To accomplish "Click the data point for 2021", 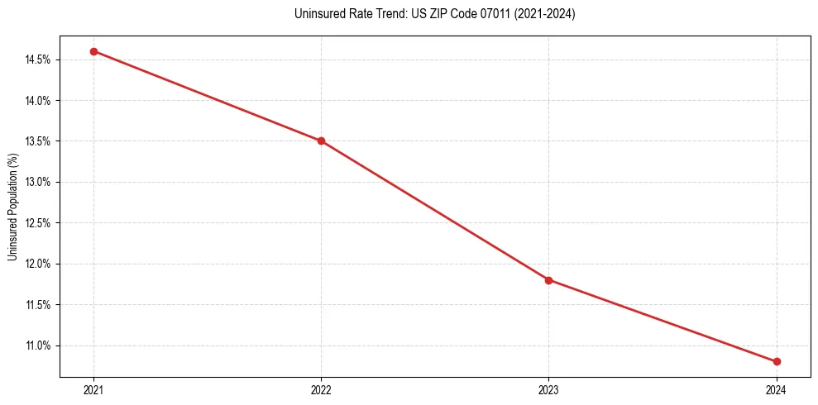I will pos(93,51).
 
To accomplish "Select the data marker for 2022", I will pos(321,141).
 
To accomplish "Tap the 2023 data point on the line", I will pos(548,280).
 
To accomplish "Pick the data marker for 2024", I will pos(777,361).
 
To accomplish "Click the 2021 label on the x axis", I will pos(93,389).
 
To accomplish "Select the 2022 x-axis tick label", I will pos(321,389).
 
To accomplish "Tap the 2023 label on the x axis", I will pos(548,389).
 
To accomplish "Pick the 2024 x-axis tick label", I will pos(777,389).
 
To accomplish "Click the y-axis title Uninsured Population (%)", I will pos(12,207).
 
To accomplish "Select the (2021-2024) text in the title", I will pos(542,14).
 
